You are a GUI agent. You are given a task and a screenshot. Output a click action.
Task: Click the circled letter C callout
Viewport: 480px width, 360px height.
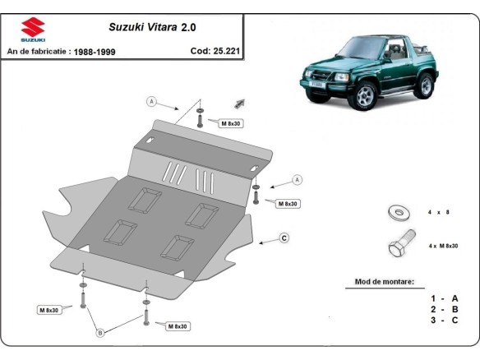click(284, 238)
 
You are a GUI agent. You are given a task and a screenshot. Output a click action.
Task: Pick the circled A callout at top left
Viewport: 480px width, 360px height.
click(151, 102)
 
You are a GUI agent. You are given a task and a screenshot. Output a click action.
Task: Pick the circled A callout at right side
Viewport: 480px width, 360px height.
click(298, 179)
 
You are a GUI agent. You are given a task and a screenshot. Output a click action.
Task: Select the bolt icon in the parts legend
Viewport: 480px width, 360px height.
click(400, 247)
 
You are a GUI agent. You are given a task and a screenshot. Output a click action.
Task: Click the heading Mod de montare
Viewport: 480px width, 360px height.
click(385, 281)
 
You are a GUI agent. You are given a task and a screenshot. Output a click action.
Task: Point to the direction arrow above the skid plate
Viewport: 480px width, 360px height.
click(241, 103)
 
